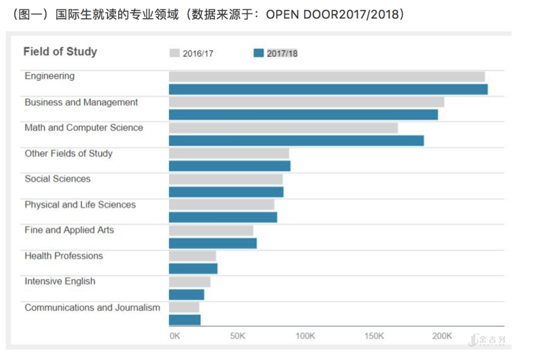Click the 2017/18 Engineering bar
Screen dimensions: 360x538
pos(328,89)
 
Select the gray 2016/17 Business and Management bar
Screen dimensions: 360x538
pos(306,102)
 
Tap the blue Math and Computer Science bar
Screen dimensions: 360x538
pos(296,140)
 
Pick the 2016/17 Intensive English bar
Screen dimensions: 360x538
pos(189,282)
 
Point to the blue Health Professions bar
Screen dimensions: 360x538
pos(193,269)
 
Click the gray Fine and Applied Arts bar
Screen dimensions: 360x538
pos(211,230)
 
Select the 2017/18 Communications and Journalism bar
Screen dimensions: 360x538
pos(185,320)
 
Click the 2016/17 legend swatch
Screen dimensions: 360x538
pos(174,53)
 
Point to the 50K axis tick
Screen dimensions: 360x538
pos(237,336)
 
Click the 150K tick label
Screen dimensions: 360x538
pos(374,336)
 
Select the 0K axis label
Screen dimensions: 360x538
pos(174,336)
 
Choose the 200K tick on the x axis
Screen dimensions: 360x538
pos(442,336)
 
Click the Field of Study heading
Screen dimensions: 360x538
pos(60,51)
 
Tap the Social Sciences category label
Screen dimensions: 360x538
pos(57,179)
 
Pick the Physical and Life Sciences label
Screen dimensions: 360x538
pos(80,205)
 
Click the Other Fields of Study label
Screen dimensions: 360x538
pos(68,153)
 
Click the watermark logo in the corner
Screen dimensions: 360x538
pos(487,340)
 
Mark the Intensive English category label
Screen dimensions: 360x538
pos(60,282)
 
